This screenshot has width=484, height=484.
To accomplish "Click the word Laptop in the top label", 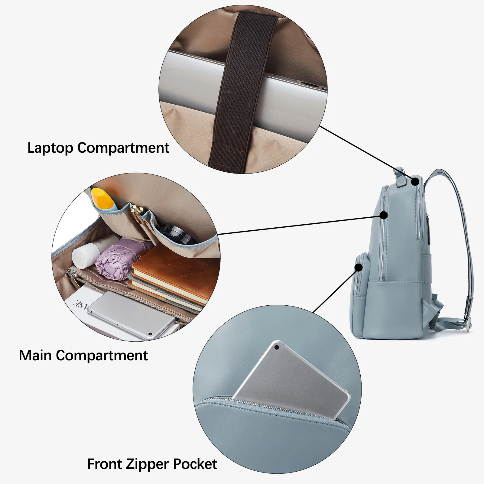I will pos(50,148).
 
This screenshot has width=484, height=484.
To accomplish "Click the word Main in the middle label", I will pos(35,355).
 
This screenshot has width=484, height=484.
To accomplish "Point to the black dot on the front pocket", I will pos(359,268).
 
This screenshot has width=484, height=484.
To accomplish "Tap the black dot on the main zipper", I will pos(384,215).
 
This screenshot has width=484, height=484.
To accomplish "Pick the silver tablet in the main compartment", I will pos(132,314).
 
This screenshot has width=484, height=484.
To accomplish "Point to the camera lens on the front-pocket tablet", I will pos(276,348).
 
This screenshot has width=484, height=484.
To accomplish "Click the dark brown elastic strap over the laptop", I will pos(239,91).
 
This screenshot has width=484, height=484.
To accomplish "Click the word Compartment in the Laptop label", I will pos(123,148).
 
